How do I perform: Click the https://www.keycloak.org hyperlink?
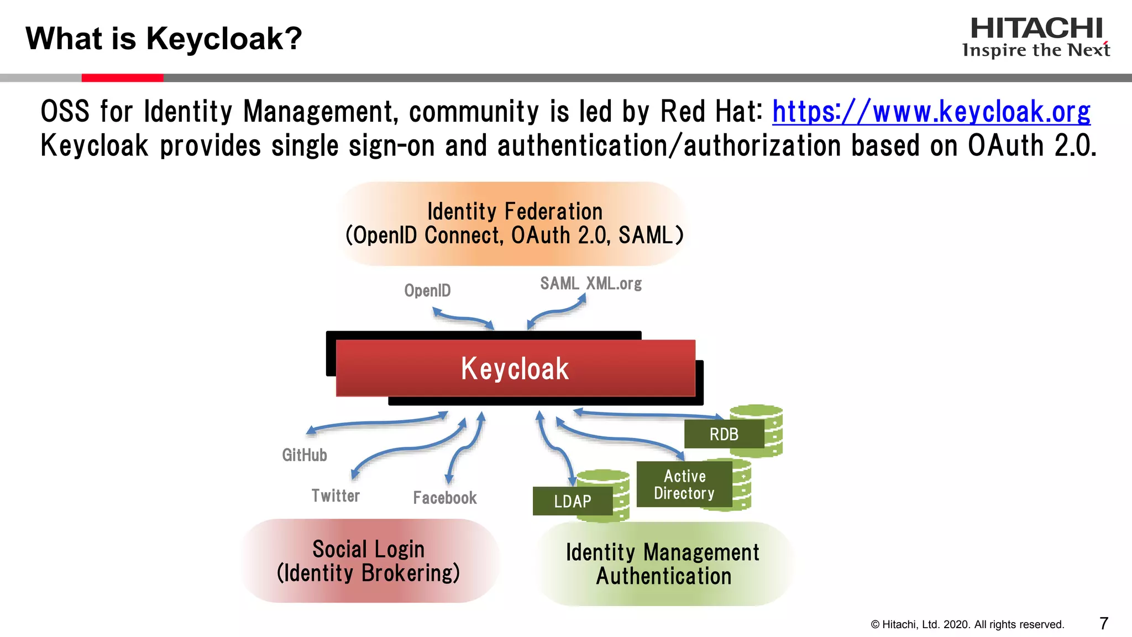(931, 112)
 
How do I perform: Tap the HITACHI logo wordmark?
(1036, 29)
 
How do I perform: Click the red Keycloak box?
(515, 368)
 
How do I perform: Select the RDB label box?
(724, 434)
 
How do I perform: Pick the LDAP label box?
(572, 501)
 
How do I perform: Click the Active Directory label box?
(684, 484)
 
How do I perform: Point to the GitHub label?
(305, 455)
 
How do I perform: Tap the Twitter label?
(336, 495)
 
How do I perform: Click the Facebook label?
(444, 498)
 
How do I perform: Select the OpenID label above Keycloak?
(427, 290)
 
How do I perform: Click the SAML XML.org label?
(590, 284)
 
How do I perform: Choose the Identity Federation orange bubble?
(514, 223)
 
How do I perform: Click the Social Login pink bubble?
(369, 561)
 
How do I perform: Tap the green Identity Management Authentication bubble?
(663, 564)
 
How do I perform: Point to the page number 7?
(1103, 624)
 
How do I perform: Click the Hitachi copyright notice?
(967, 624)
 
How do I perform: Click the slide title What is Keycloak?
(164, 39)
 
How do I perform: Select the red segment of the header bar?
(122, 78)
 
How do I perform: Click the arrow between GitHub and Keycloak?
(378, 422)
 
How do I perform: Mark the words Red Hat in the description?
(710, 112)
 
